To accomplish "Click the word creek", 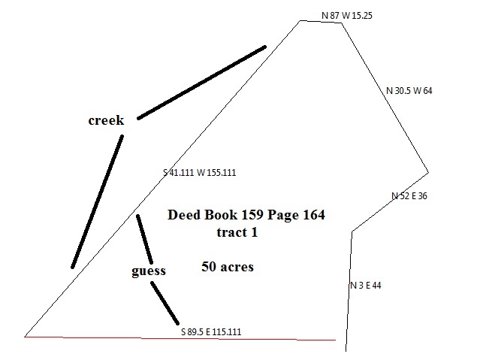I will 105,121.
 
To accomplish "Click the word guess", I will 147,271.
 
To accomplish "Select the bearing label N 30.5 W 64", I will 409,91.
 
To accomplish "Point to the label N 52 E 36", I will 409,196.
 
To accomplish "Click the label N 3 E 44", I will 367,286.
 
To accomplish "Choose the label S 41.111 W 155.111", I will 200,173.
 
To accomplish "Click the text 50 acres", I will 227,267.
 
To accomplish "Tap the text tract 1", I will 236,233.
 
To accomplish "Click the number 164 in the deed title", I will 312,216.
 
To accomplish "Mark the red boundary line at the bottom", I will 180,338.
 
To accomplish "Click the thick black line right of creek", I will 201,82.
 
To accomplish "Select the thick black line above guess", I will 144,239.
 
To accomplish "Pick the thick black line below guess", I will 165,302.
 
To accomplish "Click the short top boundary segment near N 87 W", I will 321,22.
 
